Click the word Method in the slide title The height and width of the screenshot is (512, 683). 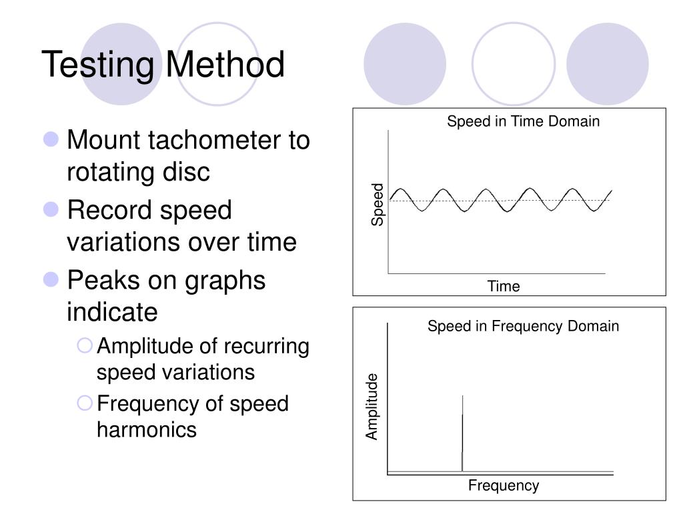tap(225, 65)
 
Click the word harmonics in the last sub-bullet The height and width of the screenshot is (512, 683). tap(147, 429)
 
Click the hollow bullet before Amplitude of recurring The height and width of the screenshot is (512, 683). tap(85, 345)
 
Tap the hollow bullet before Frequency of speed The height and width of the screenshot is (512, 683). tap(85, 403)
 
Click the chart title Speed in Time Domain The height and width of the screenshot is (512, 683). tap(523, 121)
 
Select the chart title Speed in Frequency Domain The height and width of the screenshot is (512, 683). tap(523, 326)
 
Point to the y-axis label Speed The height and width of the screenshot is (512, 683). tap(378, 204)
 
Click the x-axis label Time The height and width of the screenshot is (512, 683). tap(503, 287)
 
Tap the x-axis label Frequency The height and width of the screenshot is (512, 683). tap(503, 485)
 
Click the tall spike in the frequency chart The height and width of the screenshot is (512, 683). tap(462, 433)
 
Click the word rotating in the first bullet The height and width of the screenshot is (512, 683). tap(106, 172)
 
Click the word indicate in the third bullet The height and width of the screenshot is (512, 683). tap(112, 311)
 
